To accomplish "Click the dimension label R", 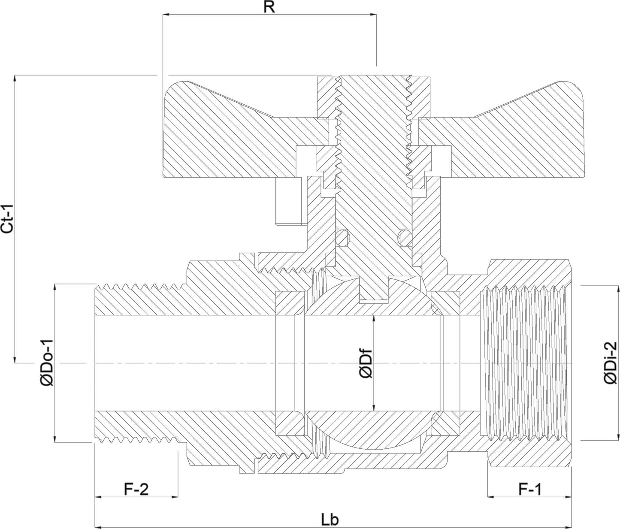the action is pyautogui.click(x=269, y=7).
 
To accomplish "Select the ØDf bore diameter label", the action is pyautogui.click(x=366, y=363).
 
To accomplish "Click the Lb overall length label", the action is pyautogui.click(x=330, y=520).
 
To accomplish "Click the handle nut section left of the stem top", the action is pyautogui.click(x=327, y=98).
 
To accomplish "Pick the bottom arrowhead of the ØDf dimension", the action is pyautogui.click(x=373, y=407).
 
